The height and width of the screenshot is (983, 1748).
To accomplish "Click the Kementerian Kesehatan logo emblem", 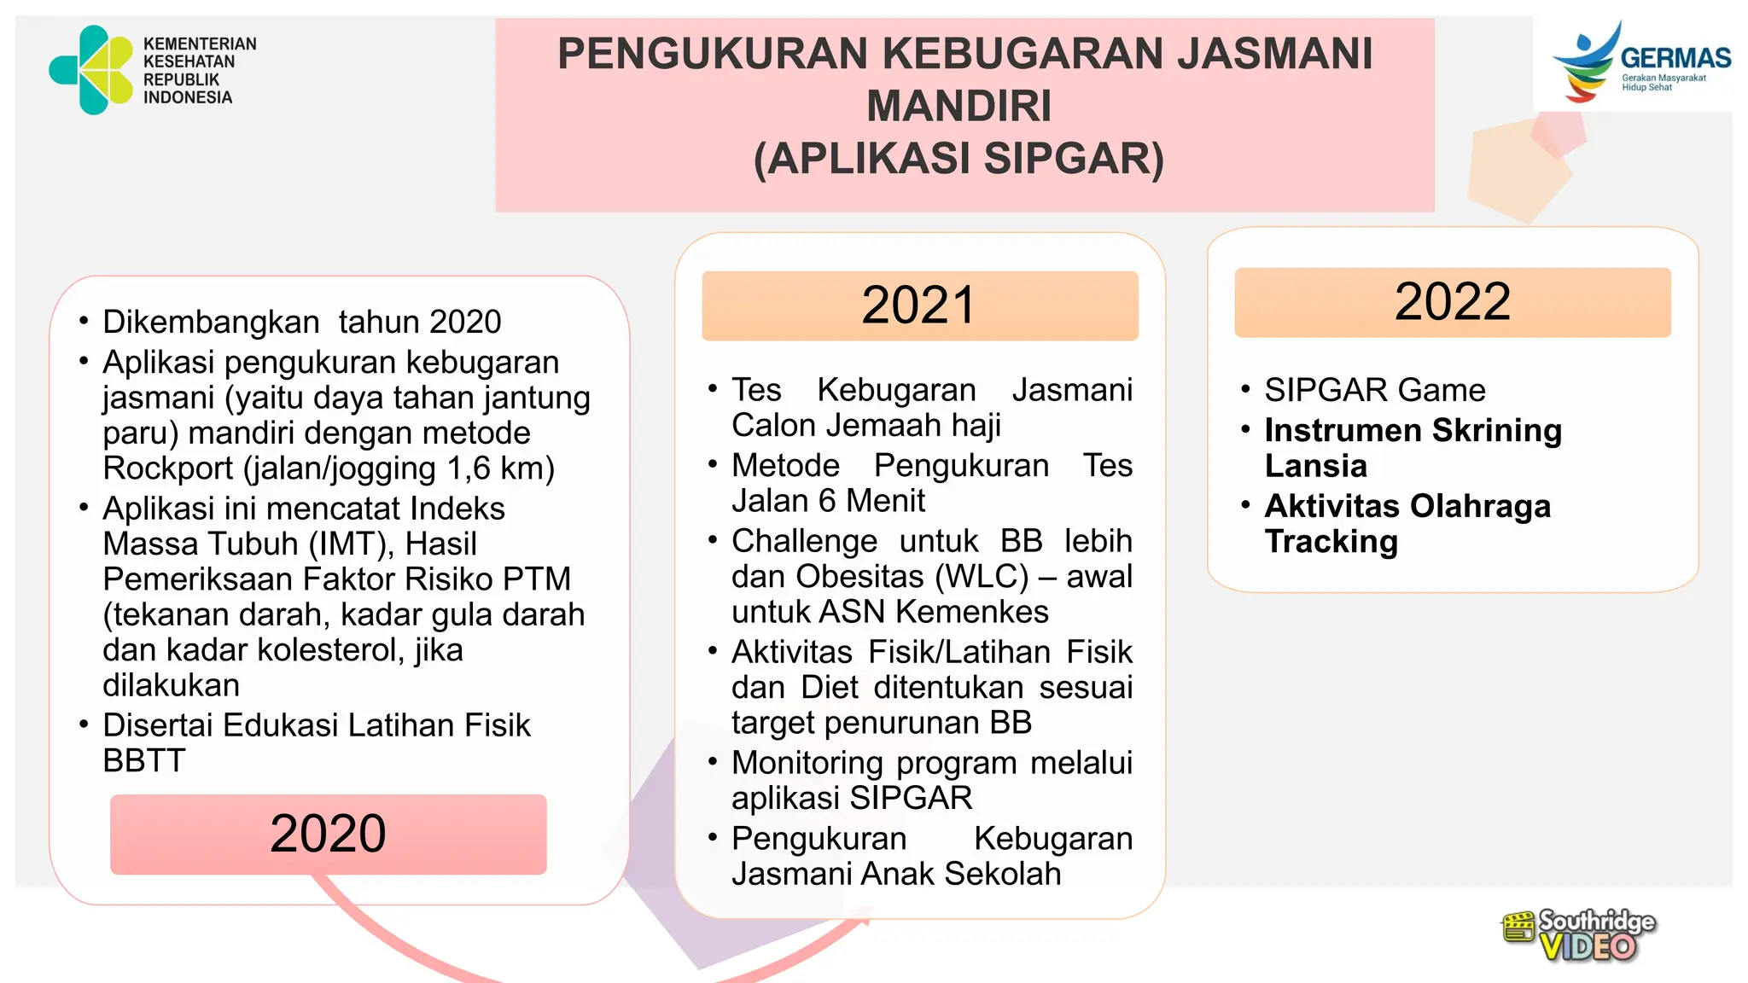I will [91, 70].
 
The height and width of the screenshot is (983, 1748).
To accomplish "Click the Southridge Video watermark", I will [1579, 936].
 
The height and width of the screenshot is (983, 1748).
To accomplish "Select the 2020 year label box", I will [328, 834].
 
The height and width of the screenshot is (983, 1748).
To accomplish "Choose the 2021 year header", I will [919, 305].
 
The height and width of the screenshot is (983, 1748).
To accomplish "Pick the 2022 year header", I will [1452, 302].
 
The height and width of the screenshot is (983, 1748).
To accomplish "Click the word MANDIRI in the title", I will [959, 106].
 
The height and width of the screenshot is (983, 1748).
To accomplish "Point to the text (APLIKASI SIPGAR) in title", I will [959, 159].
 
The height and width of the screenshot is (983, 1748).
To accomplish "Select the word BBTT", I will [143, 760].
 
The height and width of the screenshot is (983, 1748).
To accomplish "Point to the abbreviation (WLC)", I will [982, 577].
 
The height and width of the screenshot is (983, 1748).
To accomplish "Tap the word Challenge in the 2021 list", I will [804, 541].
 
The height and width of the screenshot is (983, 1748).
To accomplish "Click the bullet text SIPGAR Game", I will [1374, 390].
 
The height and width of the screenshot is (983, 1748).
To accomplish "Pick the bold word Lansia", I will [1315, 466].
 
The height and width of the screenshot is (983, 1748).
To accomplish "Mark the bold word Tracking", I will [1331, 542].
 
